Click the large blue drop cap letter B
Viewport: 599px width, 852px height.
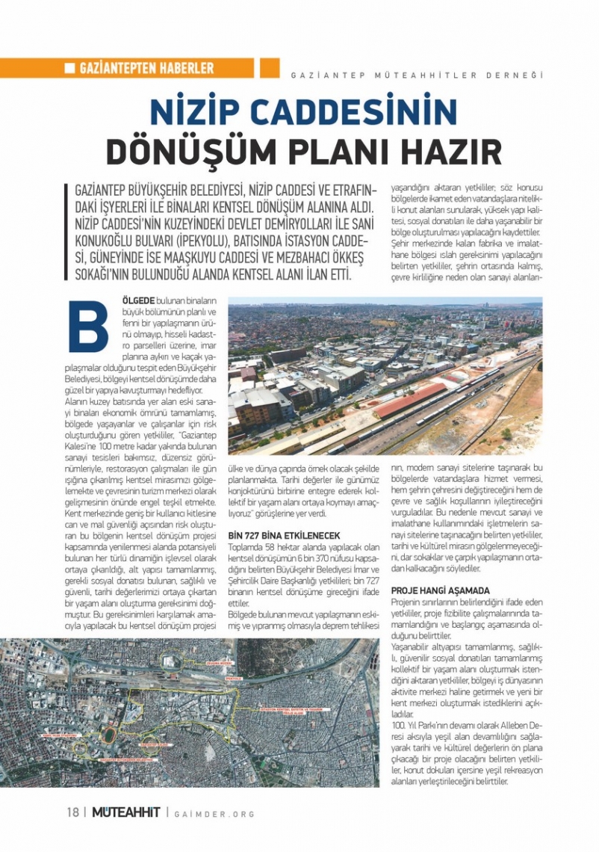point(88,326)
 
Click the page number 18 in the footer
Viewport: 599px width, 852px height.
point(72,812)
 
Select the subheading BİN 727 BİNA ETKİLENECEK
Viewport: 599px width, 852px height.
point(284,536)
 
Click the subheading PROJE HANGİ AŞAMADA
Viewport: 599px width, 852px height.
point(441,590)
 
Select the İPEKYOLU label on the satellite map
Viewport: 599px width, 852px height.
point(233,678)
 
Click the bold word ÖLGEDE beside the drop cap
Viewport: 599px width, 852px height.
point(138,300)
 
